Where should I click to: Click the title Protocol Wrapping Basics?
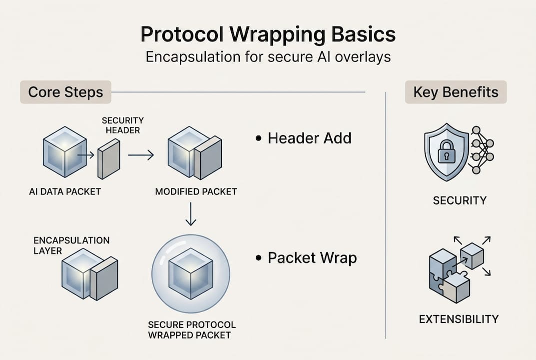coord(268,34)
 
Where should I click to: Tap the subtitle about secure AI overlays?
coord(268,57)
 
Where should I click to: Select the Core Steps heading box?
coord(65,92)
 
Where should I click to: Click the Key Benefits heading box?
coord(456,92)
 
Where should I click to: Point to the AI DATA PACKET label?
coord(65,191)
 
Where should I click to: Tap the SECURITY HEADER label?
coord(122,125)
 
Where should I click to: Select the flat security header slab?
coord(109,158)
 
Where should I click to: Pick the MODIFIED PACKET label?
coord(196,191)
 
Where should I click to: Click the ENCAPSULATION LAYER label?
coord(64,245)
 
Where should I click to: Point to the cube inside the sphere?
coord(190,274)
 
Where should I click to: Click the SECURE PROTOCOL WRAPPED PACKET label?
coord(192,329)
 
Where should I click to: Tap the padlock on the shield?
coord(446,152)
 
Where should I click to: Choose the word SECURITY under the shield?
coord(460,200)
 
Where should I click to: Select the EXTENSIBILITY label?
coord(459,318)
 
